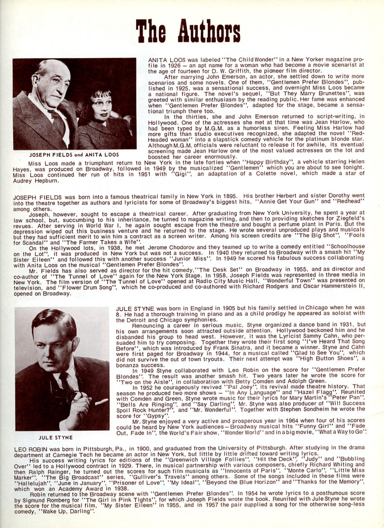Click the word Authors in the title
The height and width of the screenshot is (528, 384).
pyautogui.click(x=209, y=31)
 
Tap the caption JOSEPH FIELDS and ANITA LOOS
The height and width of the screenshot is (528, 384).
pyautogui.click(x=74, y=154)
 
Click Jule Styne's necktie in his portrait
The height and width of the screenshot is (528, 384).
pyautogui.click(x=68, y=386)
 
